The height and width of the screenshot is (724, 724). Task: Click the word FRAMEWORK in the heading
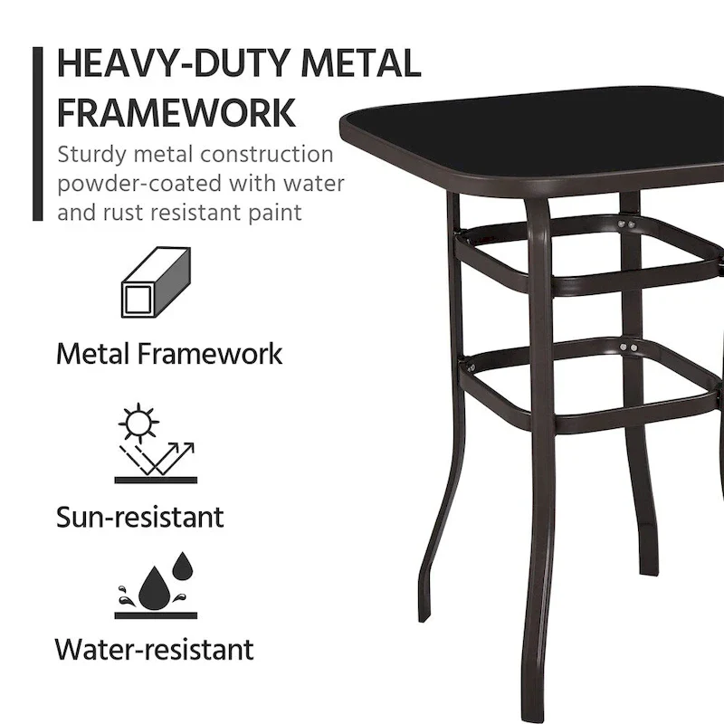point(176,112)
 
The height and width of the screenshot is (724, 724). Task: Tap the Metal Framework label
point(169,352)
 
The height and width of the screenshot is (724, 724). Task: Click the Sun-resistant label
point(139,518)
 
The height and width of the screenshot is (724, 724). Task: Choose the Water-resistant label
point(154,649)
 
